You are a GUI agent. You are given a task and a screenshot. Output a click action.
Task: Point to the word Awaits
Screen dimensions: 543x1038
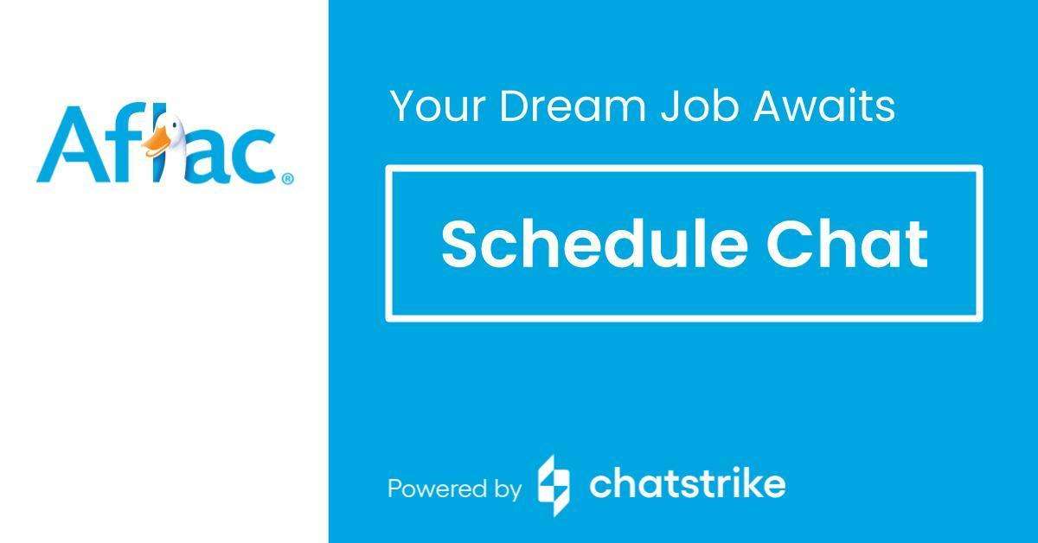825,106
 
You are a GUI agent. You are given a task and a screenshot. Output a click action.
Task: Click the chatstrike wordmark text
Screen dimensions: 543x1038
687,484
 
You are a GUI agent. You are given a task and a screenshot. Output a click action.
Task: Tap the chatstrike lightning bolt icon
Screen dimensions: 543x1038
554,485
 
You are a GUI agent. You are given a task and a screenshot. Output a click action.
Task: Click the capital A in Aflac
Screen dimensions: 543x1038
66,145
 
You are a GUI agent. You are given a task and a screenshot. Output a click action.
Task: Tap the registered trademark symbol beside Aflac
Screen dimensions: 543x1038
287,179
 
